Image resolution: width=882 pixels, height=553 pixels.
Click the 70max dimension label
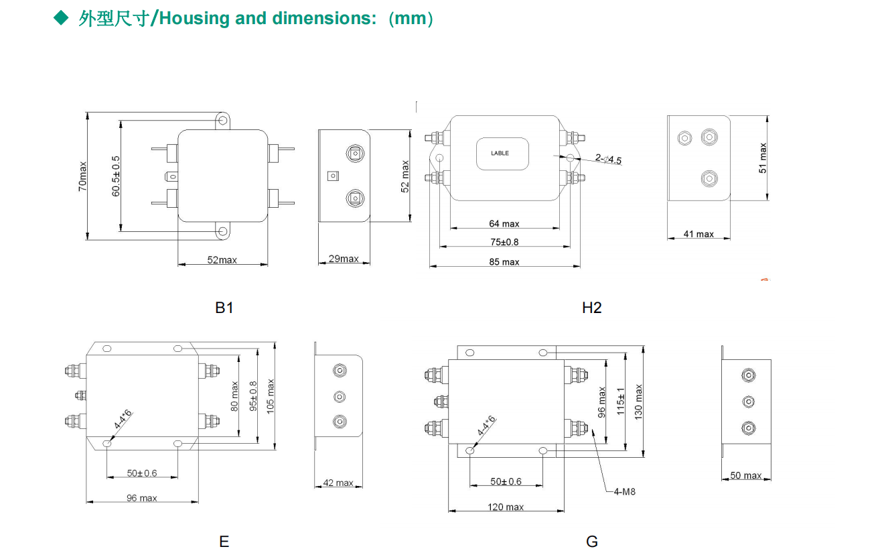coord(82,176)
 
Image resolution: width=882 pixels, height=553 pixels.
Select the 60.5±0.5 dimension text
coord(116,176)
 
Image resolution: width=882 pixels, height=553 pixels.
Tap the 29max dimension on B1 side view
coord(344,259)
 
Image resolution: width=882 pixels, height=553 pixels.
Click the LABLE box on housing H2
coord(502,153)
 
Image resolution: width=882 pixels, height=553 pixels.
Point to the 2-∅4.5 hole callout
coord(608,160)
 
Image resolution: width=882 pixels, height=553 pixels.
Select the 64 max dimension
coord(504,223)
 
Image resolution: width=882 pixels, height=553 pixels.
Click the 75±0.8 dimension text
coord(504,241)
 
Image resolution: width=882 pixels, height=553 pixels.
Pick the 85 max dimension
coord(504,262)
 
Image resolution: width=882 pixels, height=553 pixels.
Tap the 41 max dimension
coord(699,234)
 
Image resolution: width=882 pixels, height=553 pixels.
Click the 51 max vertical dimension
coord(762,158)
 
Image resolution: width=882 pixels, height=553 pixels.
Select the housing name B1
coord(224,308)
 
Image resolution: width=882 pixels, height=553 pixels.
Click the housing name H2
coord(592,308)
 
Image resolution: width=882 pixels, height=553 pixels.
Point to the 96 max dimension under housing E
coord(142,498)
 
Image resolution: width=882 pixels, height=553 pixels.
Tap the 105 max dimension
coord(271,396)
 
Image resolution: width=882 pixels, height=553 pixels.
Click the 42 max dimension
coord(338,483)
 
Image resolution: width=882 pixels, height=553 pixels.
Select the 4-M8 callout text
coord(624,491)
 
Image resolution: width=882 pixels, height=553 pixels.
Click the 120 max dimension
coord(506,507)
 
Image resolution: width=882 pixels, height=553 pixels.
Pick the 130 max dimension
coord(638,402)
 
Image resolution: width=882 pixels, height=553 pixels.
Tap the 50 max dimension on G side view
coord(745,475)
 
